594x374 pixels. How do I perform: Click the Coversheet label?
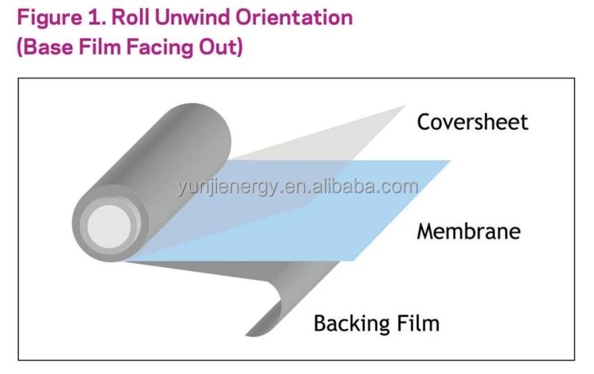click(472, 122)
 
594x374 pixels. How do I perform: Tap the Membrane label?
click(468, 231)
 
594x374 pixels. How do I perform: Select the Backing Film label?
click(376, 323)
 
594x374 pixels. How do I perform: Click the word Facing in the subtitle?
click(158, 47)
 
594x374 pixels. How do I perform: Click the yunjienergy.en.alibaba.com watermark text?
click(297, 188)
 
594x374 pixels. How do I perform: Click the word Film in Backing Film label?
click(417, 323)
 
